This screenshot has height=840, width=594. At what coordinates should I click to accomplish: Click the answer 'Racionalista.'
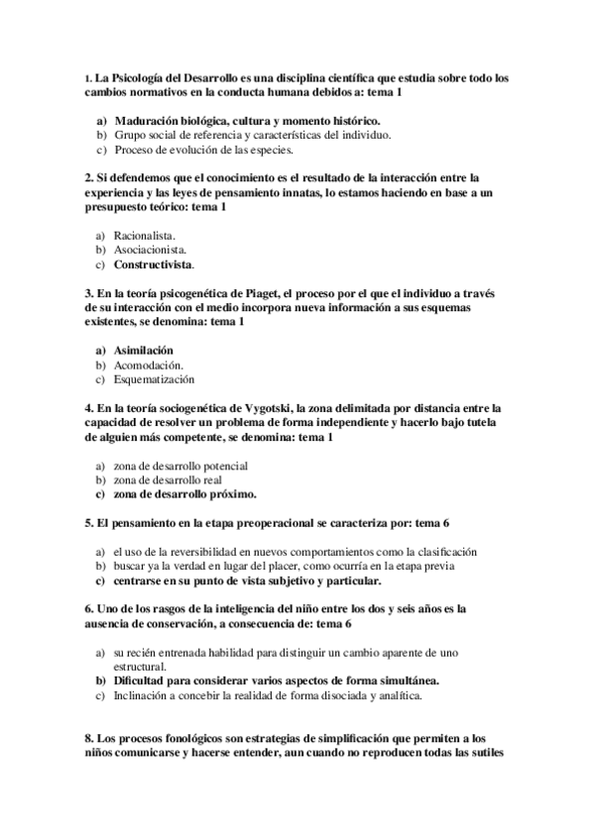(x=144, y=236)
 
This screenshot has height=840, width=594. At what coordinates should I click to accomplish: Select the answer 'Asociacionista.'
(x=148, y=251)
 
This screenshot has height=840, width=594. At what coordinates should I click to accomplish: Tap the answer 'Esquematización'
(x=154, y=379)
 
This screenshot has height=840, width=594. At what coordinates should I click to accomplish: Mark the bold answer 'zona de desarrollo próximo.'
(x=185, y=493)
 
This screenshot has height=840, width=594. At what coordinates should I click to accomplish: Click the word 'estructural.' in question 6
(x=139, y=667)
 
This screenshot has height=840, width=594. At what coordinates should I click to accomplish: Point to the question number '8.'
(x=89, y=738)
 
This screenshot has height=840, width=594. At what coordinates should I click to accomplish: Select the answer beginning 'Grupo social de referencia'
(x=252, y=136)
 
